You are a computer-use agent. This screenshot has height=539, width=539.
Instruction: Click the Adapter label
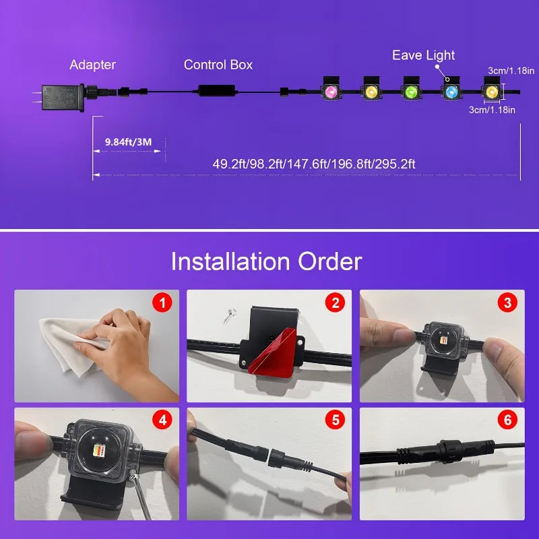coord(92,65)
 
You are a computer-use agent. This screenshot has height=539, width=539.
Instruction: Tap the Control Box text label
coord(218,65)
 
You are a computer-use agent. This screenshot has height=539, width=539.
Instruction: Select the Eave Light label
coord(424,55)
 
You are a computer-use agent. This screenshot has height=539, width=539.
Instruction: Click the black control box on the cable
coord(217,91)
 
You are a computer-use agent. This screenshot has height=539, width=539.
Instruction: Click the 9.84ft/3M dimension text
coord(128,142)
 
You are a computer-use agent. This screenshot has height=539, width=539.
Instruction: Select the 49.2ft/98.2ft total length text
coord(314,164)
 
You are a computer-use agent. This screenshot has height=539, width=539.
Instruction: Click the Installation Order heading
coord(266,261)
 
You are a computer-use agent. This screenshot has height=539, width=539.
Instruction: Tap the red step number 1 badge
coord(162,303)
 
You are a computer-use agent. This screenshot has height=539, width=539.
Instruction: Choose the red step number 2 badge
coord(335,303)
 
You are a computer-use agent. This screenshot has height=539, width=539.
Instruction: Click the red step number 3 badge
coord(508,303)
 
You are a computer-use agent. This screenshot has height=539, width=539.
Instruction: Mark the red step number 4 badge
coord(162,420)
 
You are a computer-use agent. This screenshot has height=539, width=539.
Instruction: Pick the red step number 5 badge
coord(335,420)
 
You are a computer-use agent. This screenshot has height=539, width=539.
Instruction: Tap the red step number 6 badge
coord(508,420)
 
